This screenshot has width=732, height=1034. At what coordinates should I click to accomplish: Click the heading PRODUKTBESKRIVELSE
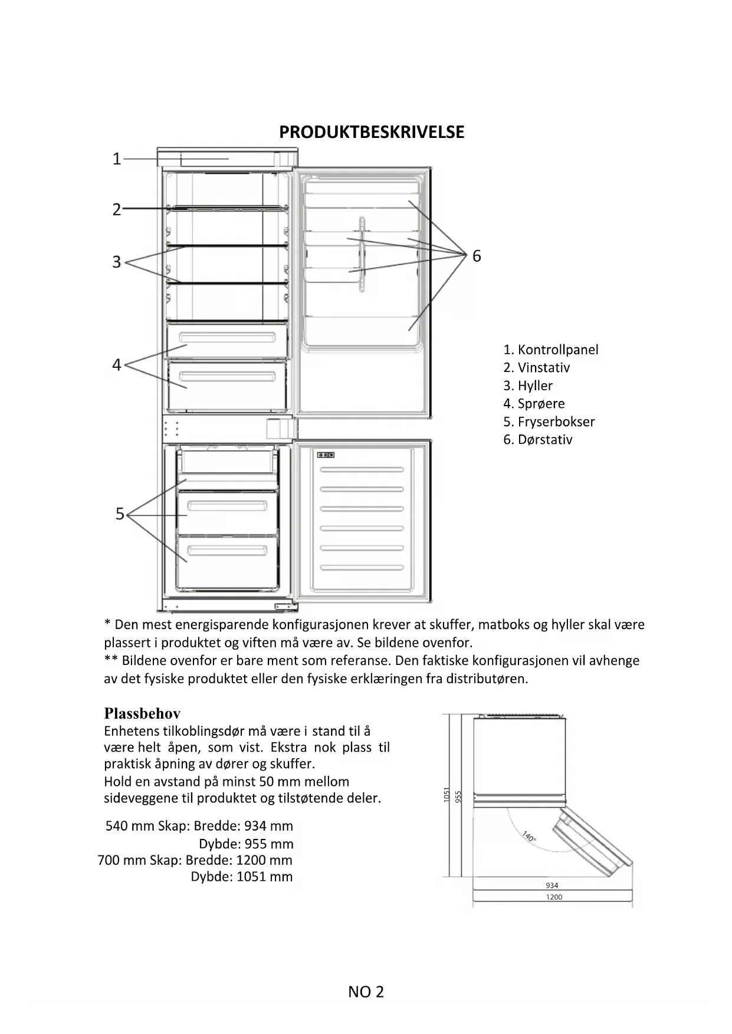click(372, 132)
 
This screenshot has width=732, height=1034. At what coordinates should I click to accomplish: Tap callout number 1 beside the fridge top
click(117, 159)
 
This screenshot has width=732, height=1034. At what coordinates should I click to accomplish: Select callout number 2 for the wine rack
click(117, 209)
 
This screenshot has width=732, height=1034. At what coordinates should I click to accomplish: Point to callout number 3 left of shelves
click(117, 262)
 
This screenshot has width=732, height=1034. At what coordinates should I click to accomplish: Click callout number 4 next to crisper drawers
click(117, 365)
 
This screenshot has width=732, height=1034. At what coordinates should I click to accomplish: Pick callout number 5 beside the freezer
click(120, 514)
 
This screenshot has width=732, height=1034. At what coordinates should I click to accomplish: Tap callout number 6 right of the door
click(477, 256)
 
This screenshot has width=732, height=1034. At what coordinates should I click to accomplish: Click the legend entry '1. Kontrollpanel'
click(550, 350)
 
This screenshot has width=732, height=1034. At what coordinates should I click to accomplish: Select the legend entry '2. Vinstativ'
click(536, 368)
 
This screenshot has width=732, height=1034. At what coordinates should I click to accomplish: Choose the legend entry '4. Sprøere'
click(534, 404)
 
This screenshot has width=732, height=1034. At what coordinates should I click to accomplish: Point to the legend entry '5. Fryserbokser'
click(549, 421)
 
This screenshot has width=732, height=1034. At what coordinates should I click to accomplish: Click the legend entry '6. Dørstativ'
click(537, 440)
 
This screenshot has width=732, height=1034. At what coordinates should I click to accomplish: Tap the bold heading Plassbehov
click(142, 713)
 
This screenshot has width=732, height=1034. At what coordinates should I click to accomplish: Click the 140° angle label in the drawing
click(529, 837)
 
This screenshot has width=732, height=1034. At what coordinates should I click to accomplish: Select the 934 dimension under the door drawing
click(552, 885)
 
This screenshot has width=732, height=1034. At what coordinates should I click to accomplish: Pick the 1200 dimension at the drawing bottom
click(554, 897)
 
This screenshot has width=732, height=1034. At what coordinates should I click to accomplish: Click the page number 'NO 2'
click(366, 992)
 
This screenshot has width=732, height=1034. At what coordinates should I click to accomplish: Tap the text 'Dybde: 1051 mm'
click(241, 877)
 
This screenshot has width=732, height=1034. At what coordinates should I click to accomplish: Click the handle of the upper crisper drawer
click(227, 338)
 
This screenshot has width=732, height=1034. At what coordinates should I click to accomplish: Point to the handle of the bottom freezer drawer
click(227, 552)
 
